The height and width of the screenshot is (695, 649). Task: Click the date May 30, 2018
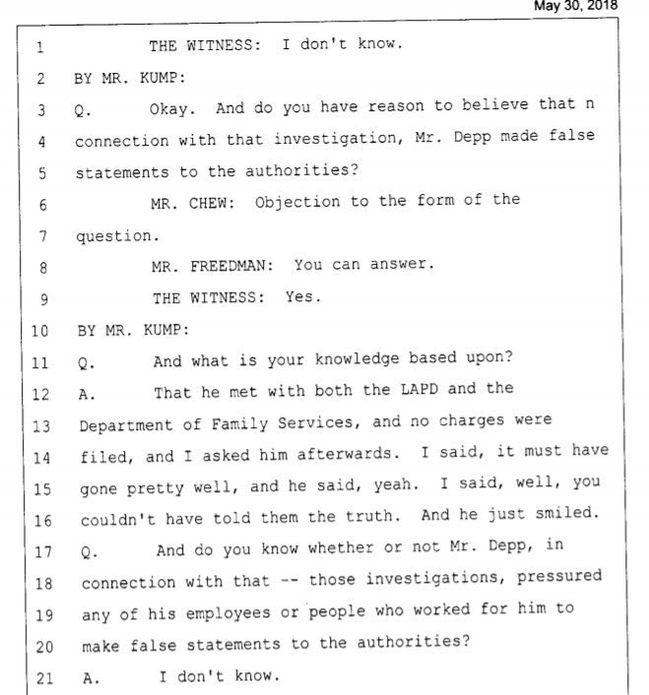[575, 6]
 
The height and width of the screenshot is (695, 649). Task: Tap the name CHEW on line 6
[212, 203]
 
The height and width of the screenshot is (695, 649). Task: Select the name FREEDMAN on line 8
[231, 266]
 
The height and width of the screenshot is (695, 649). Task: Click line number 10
[39, 331]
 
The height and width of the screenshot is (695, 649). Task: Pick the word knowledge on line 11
[357, 359]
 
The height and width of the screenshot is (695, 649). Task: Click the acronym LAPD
[419, 389]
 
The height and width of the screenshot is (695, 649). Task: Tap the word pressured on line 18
[559, 577]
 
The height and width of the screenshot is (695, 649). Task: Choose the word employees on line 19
[228, 614]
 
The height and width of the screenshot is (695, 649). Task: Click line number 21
[44, 678]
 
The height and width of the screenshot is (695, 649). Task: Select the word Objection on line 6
[297, 202]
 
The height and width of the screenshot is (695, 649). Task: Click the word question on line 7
[117, 236]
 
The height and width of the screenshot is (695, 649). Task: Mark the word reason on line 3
[396, 106]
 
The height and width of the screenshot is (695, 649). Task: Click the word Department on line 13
[126, 426]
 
